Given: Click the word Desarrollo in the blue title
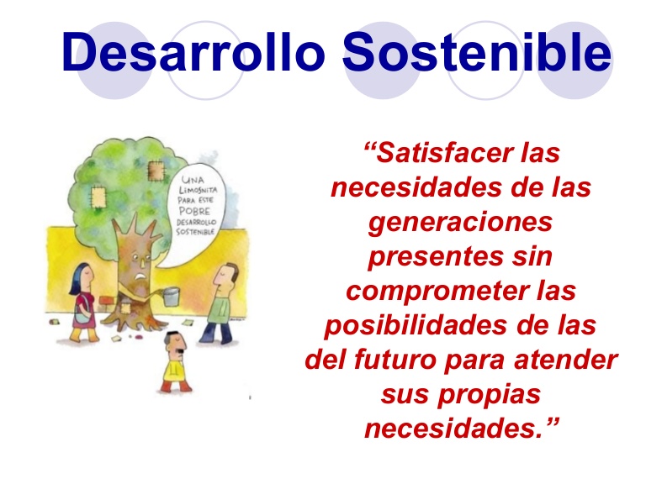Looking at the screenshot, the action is point(193,51).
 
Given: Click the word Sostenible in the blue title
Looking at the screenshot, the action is point(477,51).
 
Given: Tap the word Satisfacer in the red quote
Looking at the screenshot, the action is point(438,153).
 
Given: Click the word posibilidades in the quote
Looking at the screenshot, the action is point(416,325).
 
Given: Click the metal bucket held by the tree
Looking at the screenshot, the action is point(172,297).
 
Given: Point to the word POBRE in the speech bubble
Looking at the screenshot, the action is point(194,211).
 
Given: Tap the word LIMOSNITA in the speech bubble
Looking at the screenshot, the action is point(198,190).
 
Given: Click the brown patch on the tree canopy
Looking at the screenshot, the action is point(156,171).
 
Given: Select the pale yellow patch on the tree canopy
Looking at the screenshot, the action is point(98,197).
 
